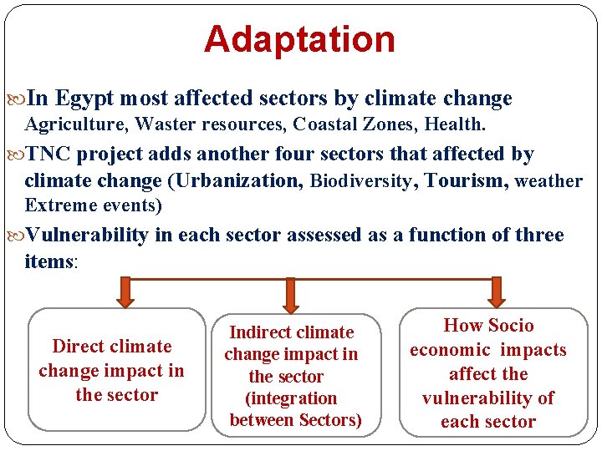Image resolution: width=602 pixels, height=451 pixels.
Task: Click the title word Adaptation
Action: (x=299, y=39)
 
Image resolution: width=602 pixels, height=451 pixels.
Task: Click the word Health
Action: (x=455, y=124)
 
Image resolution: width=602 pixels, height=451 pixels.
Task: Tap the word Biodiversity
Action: (x=361, y=181)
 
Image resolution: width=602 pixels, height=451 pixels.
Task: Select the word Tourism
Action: (x=466, y=180)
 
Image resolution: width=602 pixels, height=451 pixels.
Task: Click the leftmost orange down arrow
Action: (x=124, y=293)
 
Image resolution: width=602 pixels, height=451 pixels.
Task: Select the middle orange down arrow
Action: (x=290, y=293)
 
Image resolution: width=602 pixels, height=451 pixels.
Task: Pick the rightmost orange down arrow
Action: (x=496, y=292)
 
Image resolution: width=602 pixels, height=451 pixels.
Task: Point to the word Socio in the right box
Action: (x=511, y=326)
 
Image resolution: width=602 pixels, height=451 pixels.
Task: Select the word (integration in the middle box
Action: (x=291, y=398)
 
